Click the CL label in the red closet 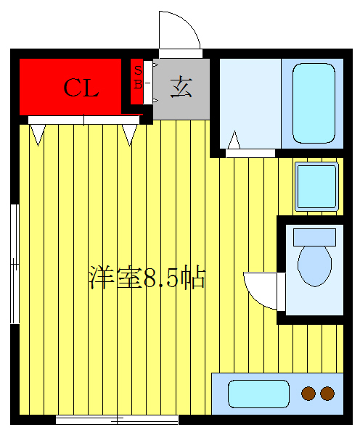click(81, 88)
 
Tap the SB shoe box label click(137, 76)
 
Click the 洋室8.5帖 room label click(147, 278)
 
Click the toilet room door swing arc click(260, 289)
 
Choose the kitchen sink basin click(258, 394)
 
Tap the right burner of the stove click(327, 394)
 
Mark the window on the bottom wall click(117, 419)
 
